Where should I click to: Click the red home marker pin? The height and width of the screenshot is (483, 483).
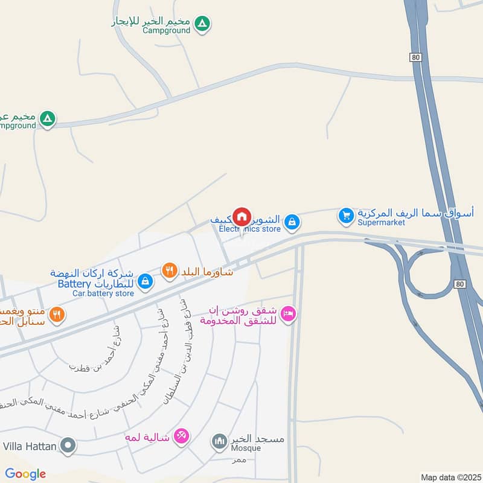241,216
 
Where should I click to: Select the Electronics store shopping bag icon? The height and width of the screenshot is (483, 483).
292,222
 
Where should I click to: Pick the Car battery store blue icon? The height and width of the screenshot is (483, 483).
145,281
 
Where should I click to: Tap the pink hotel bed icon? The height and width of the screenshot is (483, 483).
289,313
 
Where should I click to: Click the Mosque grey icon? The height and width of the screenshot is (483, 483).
219,442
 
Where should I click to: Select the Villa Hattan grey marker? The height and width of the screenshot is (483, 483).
69,447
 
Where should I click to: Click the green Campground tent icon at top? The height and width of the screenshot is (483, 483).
203,24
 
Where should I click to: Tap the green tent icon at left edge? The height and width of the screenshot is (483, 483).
47,118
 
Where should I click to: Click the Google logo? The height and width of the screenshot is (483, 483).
25,474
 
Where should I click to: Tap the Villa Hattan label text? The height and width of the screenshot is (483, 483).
30,447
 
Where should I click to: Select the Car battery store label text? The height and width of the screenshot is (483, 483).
103,293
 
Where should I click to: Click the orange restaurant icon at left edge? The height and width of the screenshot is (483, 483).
57,313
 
